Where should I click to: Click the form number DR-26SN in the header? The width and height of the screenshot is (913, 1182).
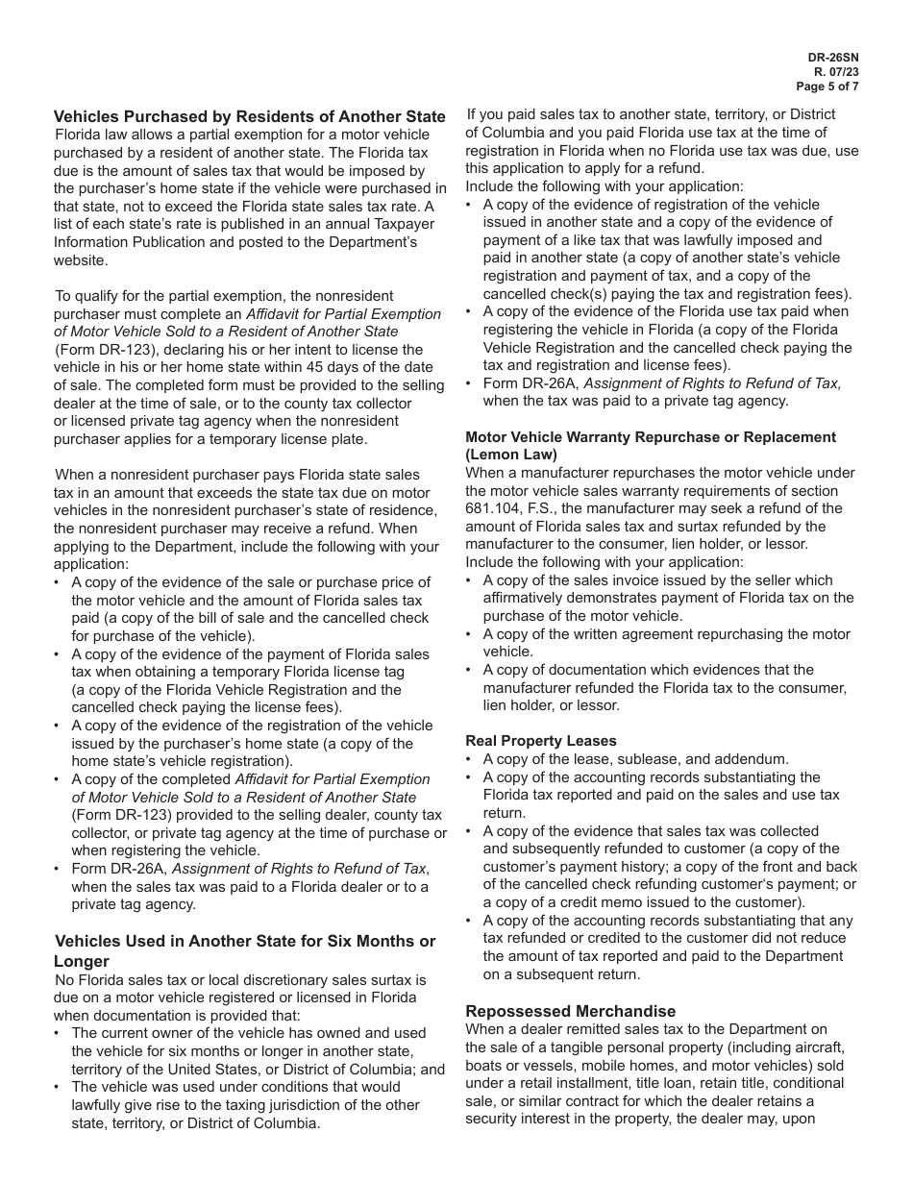tap(833, 58)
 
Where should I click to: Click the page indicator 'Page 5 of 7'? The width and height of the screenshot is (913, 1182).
tap(828, 86)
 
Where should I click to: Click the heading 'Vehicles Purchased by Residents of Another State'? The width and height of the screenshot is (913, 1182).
tap(250, 116)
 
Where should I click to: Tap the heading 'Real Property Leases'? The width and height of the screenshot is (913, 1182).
tap(541, 741)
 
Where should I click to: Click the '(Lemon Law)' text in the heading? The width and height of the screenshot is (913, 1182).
tap(511, 455)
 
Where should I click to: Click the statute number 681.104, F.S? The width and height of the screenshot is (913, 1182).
tap(509, 508)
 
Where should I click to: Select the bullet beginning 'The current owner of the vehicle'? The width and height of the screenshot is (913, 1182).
tap(249, 1033)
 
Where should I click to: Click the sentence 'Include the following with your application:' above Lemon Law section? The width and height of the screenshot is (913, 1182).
tap(604, 186)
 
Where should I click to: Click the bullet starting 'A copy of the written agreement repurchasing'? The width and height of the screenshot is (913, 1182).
tap(666, 634)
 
